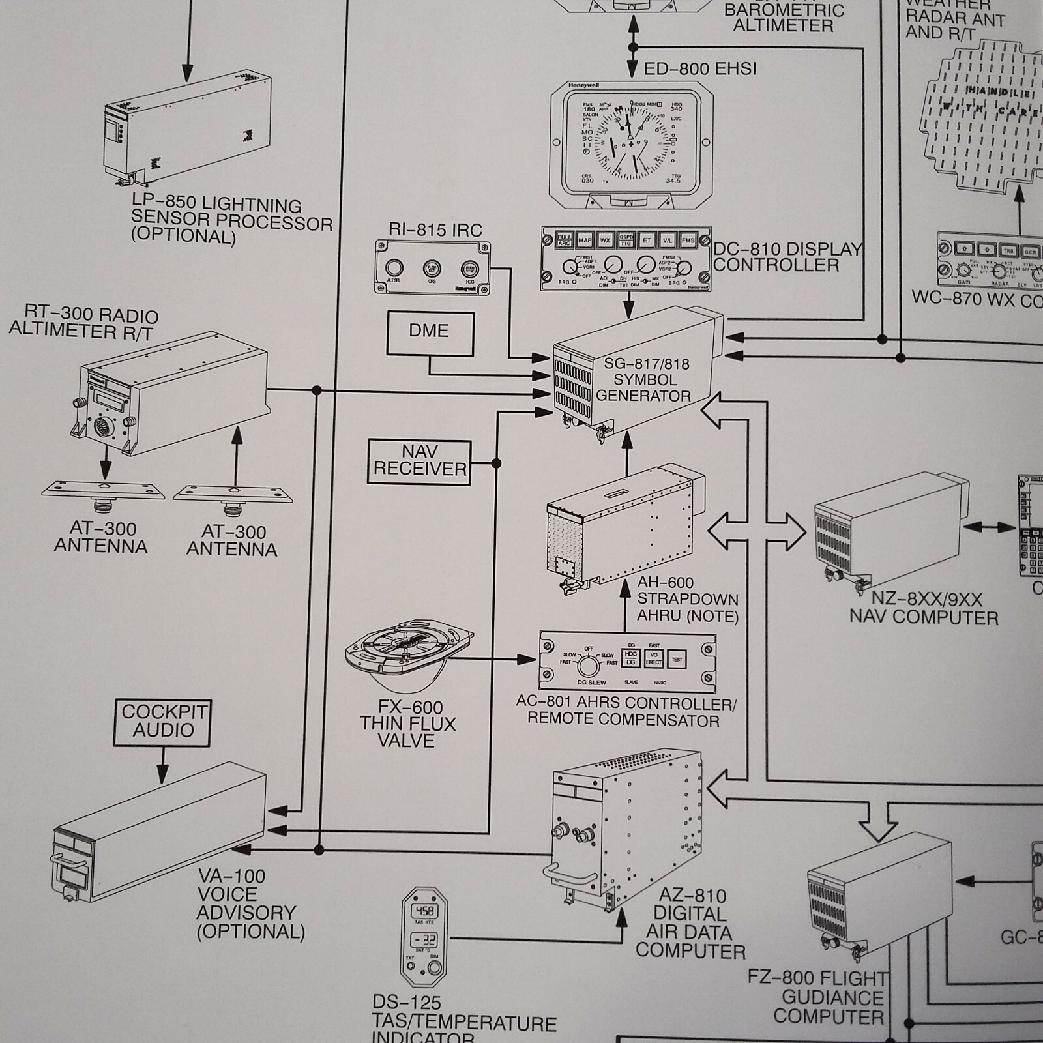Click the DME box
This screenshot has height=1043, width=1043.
click(x=430, y=333)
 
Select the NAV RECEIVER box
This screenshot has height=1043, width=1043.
click(x=419, y=462)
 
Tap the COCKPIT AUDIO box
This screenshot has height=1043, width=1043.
click(x=163, y=722)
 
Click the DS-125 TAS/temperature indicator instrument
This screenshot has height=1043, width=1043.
click(x=424, y=936)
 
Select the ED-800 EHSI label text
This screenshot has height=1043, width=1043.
click(x=699, y=68)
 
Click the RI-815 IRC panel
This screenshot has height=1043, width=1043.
click(x=433, y=267)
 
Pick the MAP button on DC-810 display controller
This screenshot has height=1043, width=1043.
click(x=585, y=241)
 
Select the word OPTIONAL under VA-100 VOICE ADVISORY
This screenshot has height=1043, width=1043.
click(x=251, y=931)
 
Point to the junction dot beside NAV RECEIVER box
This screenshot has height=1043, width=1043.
click(x=496, y=463)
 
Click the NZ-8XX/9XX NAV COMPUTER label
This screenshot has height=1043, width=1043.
click(x=923, y=608)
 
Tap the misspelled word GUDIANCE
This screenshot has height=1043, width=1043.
click(x=832, y=997)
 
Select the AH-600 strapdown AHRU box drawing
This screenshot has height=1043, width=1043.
click(x=624, y=528)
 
